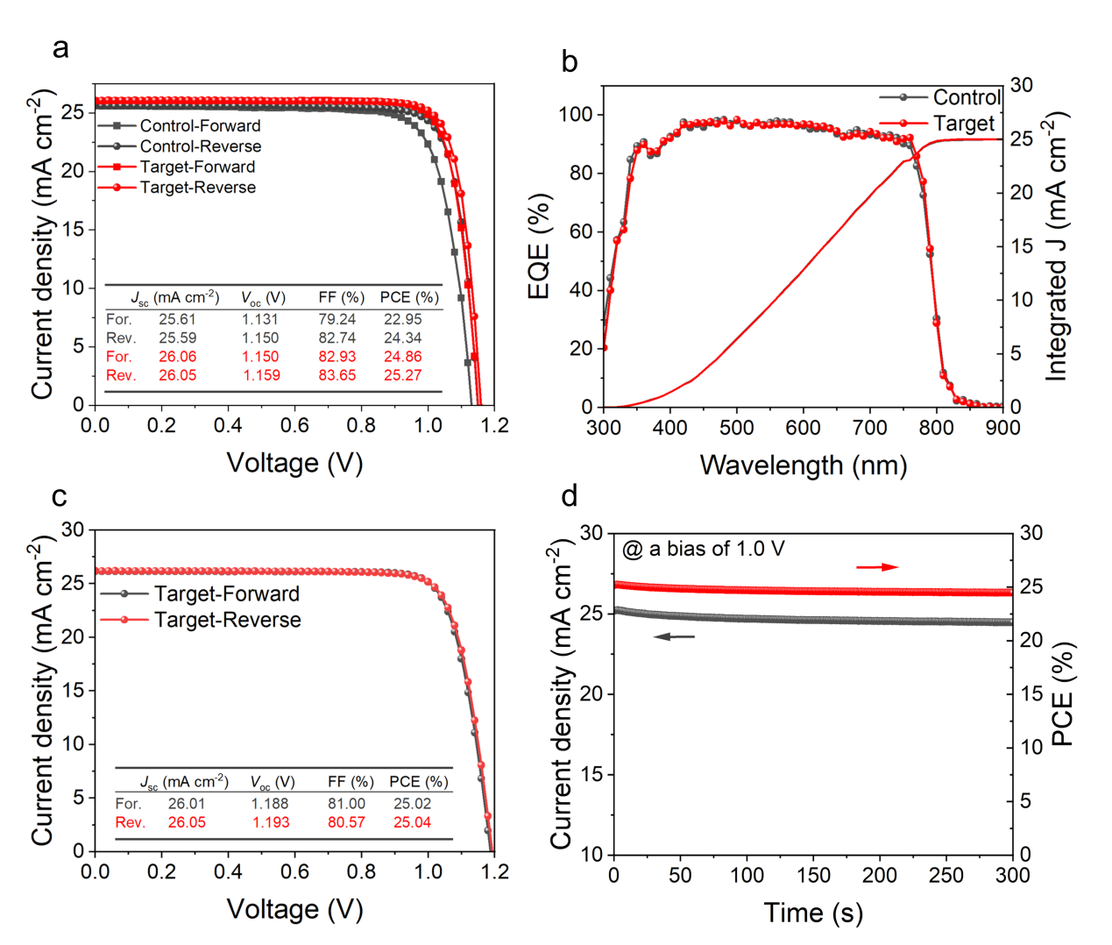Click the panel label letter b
tap(570, 63)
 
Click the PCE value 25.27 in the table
tap(402, 375)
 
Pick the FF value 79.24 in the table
tap(336, 320)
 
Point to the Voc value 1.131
tap(260, 320)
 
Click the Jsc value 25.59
tap(177, 338)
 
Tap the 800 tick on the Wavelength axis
tap(936, 428)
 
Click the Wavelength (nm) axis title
tap(803, 465)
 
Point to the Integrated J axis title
tap(1059, 246)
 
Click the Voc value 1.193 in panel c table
tap(271, 822)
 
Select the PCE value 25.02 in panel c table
tap(412, 804)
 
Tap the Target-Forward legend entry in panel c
tap(226, 594)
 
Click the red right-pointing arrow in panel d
tap(877, 567)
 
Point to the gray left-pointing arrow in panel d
tap(674, 636)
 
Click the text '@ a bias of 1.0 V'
tap(703, 550)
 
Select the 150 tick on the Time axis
tap(813, 875)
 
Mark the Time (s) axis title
tap(812, 913)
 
